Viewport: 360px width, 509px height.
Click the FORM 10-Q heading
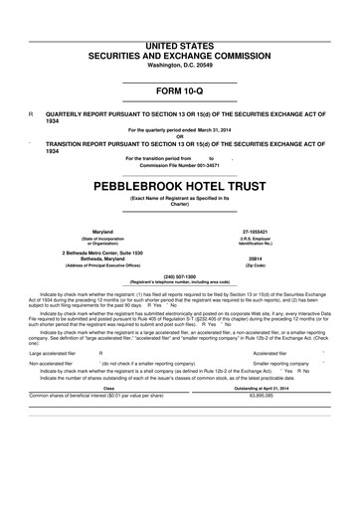[x=179, y=91]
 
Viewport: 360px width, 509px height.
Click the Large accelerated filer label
[x=50, y=325]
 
